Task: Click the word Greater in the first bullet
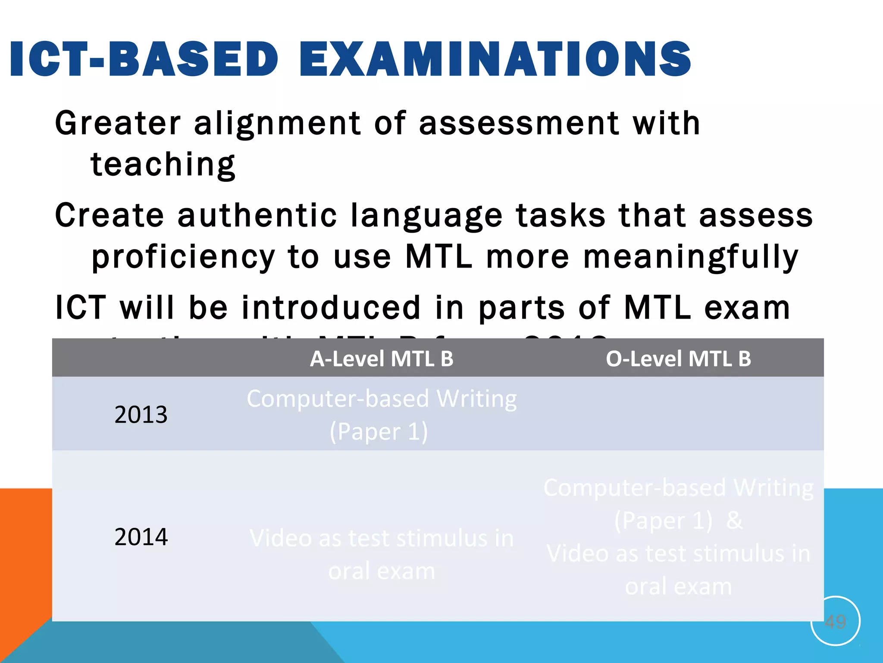tap(118, 123)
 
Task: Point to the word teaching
tap(163, 165)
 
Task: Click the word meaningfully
tap(691, 258)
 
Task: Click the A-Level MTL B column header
tap(382, 359)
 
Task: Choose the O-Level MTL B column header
tap(678, 359)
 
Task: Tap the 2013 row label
tap(141, 414)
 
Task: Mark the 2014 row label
tap(141, 537)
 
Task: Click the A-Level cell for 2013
tap(382, 414)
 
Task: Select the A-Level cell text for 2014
tap(382, 554)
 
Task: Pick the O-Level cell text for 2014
tap(678, 537)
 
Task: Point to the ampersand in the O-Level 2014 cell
tap(734, 521)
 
